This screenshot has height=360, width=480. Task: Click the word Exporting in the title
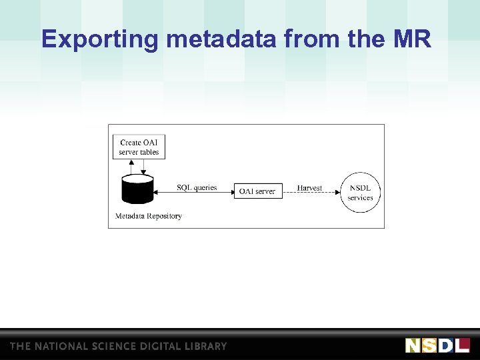coord(101,39)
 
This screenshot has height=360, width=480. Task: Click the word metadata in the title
coord(222,39)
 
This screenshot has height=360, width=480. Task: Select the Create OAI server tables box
coord(139,147)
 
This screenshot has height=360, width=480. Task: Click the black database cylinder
coord(137,190)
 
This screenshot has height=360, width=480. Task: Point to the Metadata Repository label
coord(149,216)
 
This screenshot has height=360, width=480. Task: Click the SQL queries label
coord(197,187)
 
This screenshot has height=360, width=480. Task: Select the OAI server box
coord(257,191)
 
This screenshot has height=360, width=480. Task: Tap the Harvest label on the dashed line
coord(309,188)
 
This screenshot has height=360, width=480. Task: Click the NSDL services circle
coord(360,192)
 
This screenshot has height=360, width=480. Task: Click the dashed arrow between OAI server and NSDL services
coord(311,194)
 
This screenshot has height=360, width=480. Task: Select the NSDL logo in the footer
coord(437,345)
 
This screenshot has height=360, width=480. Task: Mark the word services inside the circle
coord(360,198)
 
